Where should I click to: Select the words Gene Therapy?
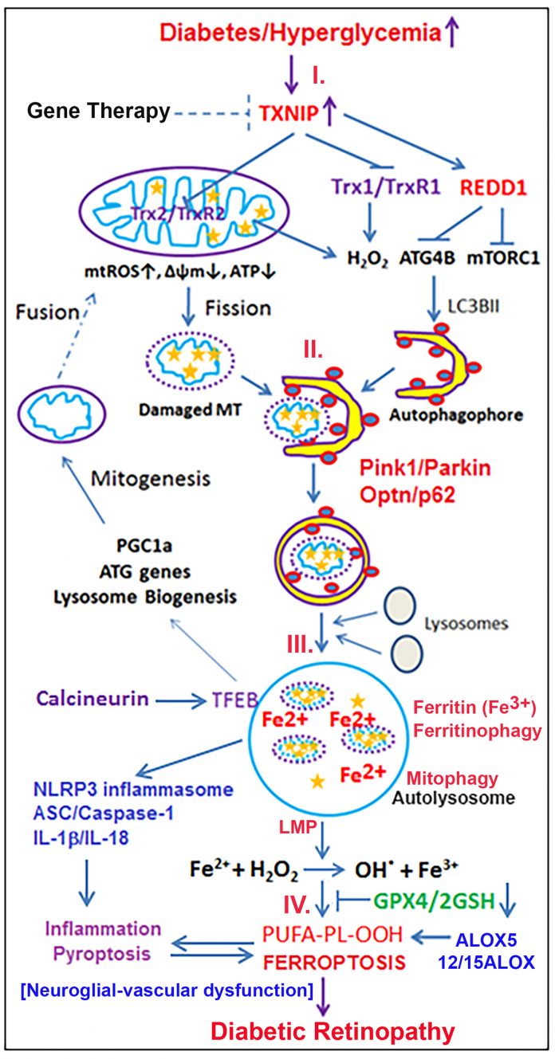tap(98, 111)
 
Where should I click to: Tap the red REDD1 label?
tap(494, 188)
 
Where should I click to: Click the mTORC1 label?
tap(503, 258)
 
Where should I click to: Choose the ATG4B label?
tap(427, 258)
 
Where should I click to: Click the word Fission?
tap(238, 308)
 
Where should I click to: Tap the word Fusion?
tap(47, 312)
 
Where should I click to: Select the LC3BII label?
tap(473, 307)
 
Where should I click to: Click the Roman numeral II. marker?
tap(313, 351)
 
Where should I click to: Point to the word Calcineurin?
tap(92, 698)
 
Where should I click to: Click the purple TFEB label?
tap(234, 700)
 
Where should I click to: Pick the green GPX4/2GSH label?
tap(434, 900)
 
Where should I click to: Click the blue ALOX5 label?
tap(486, 939)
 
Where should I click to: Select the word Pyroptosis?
tap(102, 953)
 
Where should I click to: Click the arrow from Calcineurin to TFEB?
tap(181, 701)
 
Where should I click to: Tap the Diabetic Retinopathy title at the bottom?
tap(333, 1030)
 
